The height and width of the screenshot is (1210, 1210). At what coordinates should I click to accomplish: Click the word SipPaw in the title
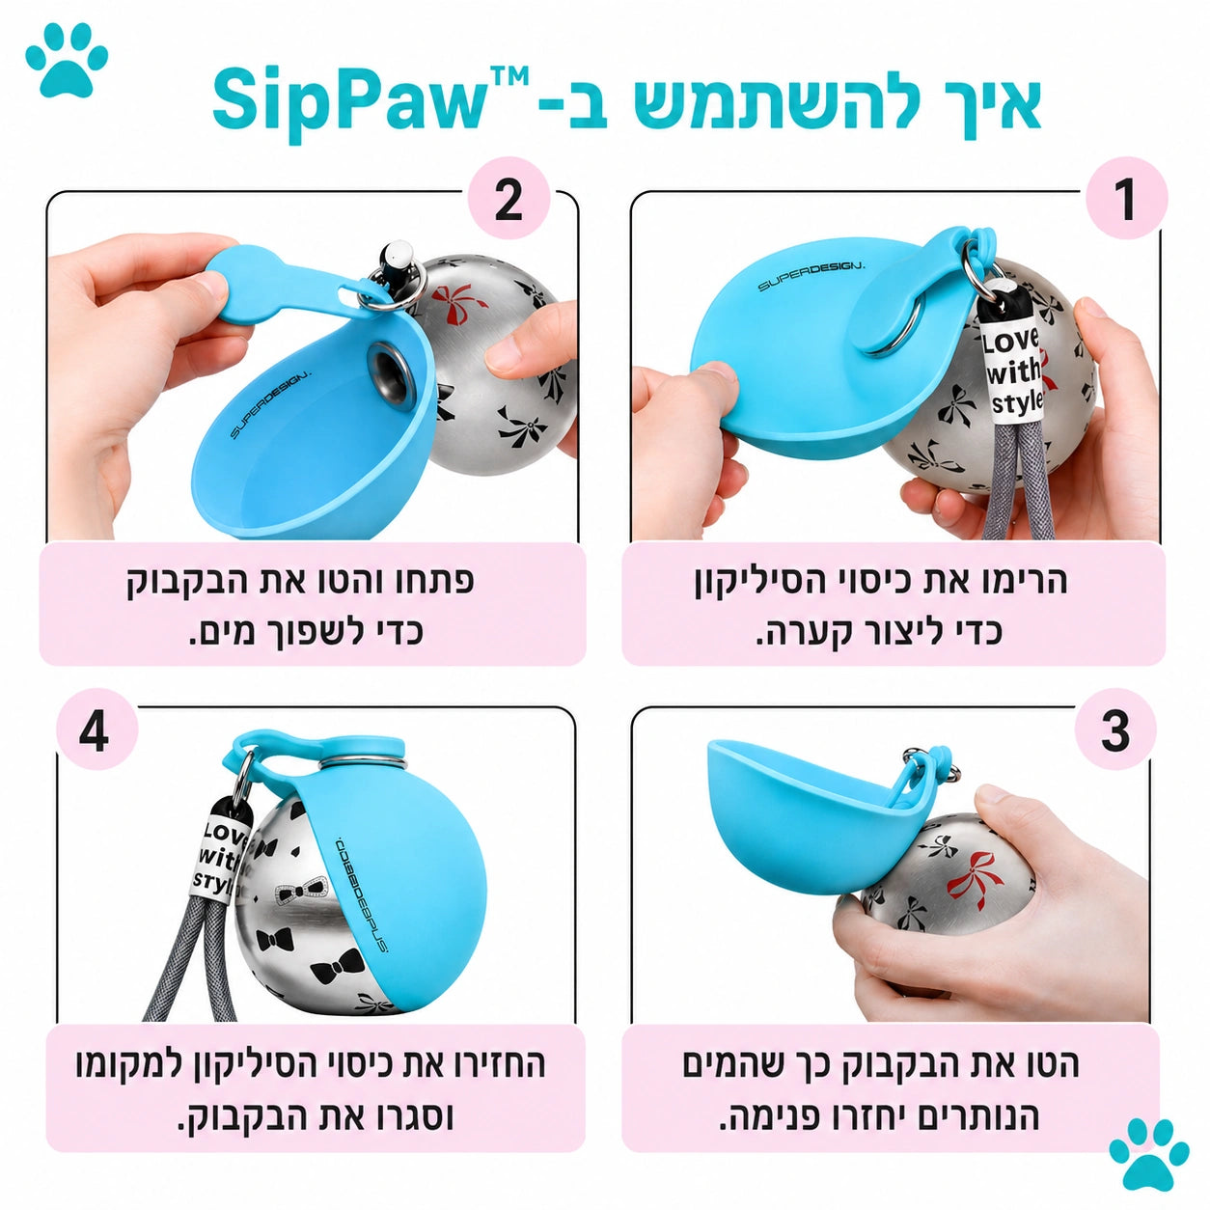coord(347,100)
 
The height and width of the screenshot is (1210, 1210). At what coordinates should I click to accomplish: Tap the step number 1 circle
coord(1125,200)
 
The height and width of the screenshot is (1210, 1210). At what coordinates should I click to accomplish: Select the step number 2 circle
coord(509,200)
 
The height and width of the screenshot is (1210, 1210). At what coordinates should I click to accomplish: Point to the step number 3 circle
coord(1115,730)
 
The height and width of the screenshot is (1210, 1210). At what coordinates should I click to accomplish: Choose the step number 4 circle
coord(95,730)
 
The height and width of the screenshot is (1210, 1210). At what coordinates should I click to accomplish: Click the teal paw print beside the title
coord(67,59)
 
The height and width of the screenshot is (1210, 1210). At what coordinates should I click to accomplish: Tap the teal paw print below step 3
coord(1148,1153)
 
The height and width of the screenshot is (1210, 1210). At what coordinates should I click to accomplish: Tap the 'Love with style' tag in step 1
coord(1012,371)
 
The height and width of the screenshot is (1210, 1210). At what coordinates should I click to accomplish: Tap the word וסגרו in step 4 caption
coord(409,1117)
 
